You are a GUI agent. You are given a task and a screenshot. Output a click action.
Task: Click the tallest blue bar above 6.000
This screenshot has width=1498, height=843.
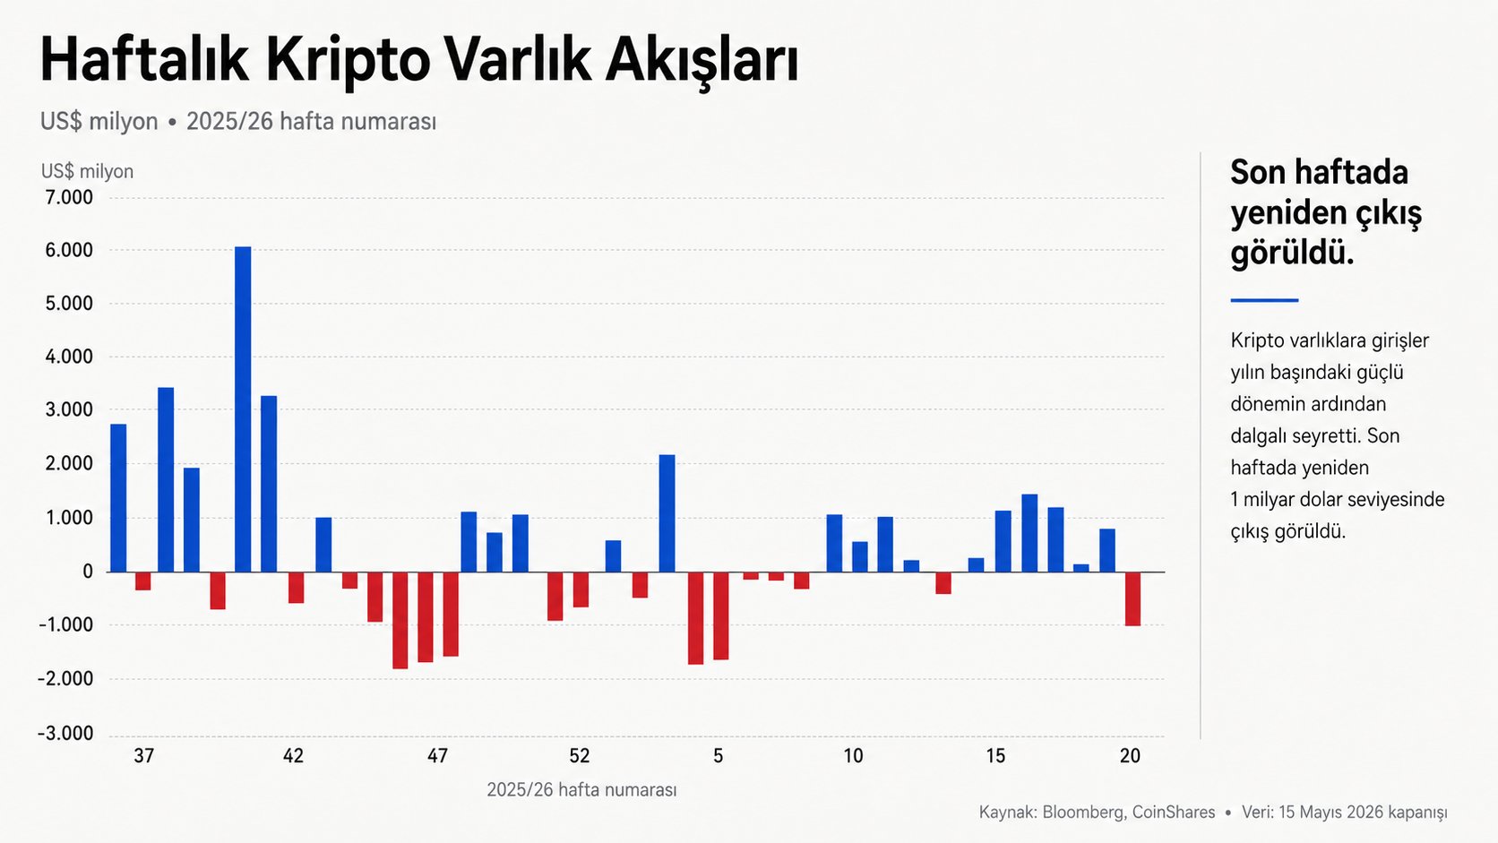243,409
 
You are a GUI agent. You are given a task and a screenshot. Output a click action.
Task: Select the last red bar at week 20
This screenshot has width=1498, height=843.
1132,599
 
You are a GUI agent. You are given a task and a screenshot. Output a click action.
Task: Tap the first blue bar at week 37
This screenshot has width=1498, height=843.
118,498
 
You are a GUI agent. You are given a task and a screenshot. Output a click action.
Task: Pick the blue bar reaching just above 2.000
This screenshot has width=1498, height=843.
667,513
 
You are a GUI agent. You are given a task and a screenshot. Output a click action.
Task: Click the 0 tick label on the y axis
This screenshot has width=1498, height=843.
88,572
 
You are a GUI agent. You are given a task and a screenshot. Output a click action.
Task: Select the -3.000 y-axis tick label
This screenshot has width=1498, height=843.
65,734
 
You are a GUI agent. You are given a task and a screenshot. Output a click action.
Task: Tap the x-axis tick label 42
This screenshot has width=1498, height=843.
293,756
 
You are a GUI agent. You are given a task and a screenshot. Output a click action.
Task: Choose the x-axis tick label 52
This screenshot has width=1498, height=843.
580,756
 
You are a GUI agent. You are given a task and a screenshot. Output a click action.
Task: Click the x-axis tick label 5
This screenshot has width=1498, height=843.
719,756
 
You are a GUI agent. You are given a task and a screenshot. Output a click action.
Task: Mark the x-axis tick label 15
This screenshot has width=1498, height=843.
995,756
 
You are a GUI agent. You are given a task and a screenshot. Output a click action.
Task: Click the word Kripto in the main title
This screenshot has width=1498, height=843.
348,62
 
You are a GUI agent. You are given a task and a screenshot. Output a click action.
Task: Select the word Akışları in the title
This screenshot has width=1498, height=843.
702,62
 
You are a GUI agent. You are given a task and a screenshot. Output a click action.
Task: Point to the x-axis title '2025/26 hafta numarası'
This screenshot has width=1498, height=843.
581,790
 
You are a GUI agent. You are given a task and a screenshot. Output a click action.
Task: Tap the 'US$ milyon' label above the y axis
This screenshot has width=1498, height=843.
87,172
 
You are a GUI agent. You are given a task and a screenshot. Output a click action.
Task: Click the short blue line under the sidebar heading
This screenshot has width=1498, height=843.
1264,300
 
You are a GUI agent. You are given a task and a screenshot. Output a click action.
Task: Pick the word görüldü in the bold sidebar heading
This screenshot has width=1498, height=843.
1292,254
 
